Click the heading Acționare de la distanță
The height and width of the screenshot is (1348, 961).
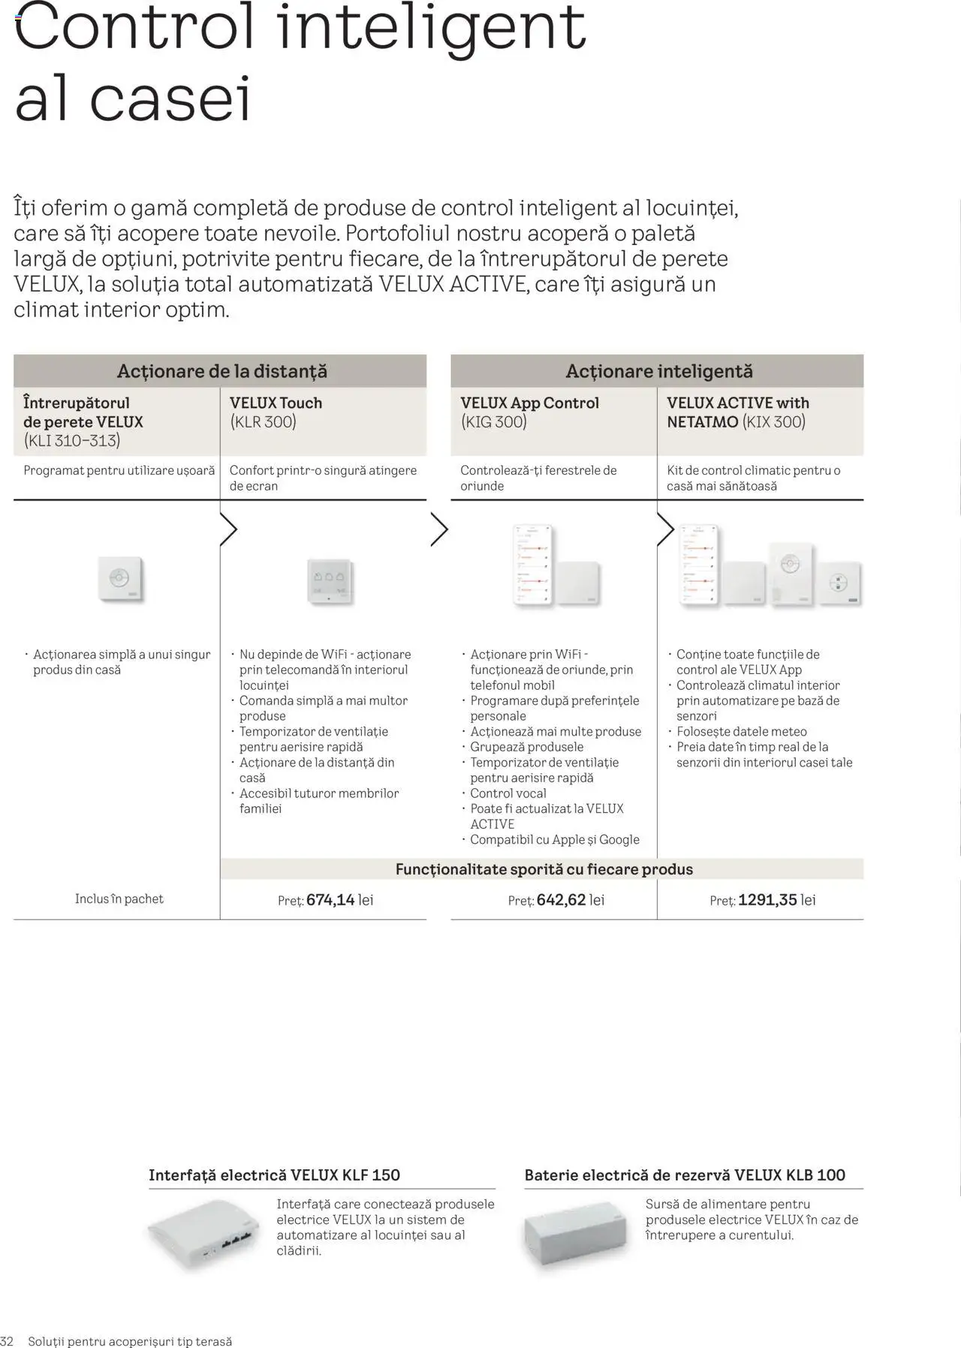221,371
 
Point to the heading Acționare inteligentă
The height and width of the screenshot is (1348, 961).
658,371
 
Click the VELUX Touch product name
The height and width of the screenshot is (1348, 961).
276,403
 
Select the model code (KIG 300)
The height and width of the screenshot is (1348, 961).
493,422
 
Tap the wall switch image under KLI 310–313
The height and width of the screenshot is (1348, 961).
120,579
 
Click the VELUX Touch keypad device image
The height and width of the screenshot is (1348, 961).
330,581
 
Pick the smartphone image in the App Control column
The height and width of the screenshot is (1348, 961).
532,564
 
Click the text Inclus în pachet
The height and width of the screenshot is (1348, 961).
119,899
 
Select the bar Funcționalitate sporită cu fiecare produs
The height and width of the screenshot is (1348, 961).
544,869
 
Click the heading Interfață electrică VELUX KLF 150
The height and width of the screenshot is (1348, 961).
274,1175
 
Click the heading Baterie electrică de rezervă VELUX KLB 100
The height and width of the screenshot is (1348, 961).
684,1175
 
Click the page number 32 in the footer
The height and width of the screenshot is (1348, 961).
7,1341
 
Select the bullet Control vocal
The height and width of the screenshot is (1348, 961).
508,793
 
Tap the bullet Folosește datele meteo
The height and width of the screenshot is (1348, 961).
741,731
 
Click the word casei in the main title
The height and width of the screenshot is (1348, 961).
170,99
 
